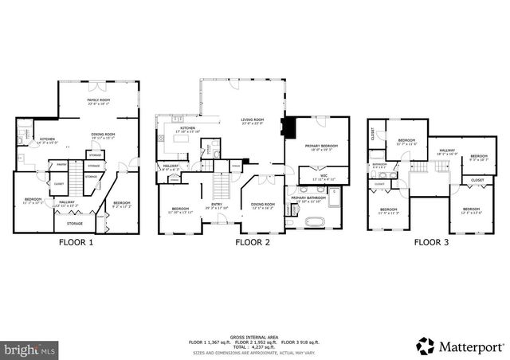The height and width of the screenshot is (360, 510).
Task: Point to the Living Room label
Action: point(253,122)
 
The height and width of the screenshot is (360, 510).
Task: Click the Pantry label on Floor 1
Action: point(60,166)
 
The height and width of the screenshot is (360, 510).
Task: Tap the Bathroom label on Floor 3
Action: point(379,166)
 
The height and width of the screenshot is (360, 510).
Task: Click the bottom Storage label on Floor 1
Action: point(75,224)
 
